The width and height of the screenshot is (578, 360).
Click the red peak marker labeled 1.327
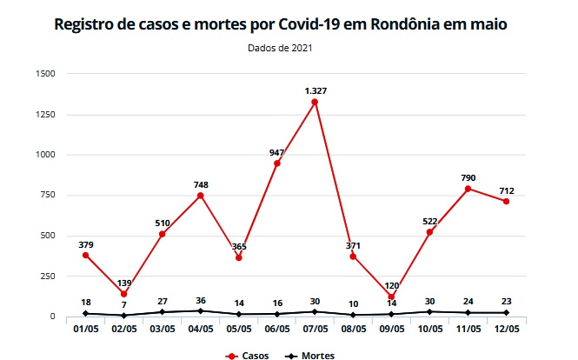(x=315, y=102)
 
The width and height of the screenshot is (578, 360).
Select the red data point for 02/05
(x=124, y=294)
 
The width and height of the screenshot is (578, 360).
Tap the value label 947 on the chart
(x=276, y=152)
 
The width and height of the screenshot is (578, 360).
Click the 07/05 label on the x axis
(x=315, y=330)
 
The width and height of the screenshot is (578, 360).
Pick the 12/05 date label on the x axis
(x=505, y=330)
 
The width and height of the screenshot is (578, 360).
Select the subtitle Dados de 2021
(x=279, y=49)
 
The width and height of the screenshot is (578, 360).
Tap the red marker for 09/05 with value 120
(x=391, y=297)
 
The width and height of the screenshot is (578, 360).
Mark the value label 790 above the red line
(x=468, y=177)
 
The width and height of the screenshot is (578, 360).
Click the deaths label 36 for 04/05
(x=200, y=301)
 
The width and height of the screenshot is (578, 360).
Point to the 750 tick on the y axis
(x=48, y=195)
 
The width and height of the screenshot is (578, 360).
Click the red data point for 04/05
(x=200, y=196)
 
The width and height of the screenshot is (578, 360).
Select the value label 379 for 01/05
(x=86, y=243)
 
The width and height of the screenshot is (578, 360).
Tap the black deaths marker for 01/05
(x=86, y=313)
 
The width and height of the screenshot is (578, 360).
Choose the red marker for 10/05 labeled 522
(x=429, y=232)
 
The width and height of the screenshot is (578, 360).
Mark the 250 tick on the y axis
(x=48, y=276)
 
